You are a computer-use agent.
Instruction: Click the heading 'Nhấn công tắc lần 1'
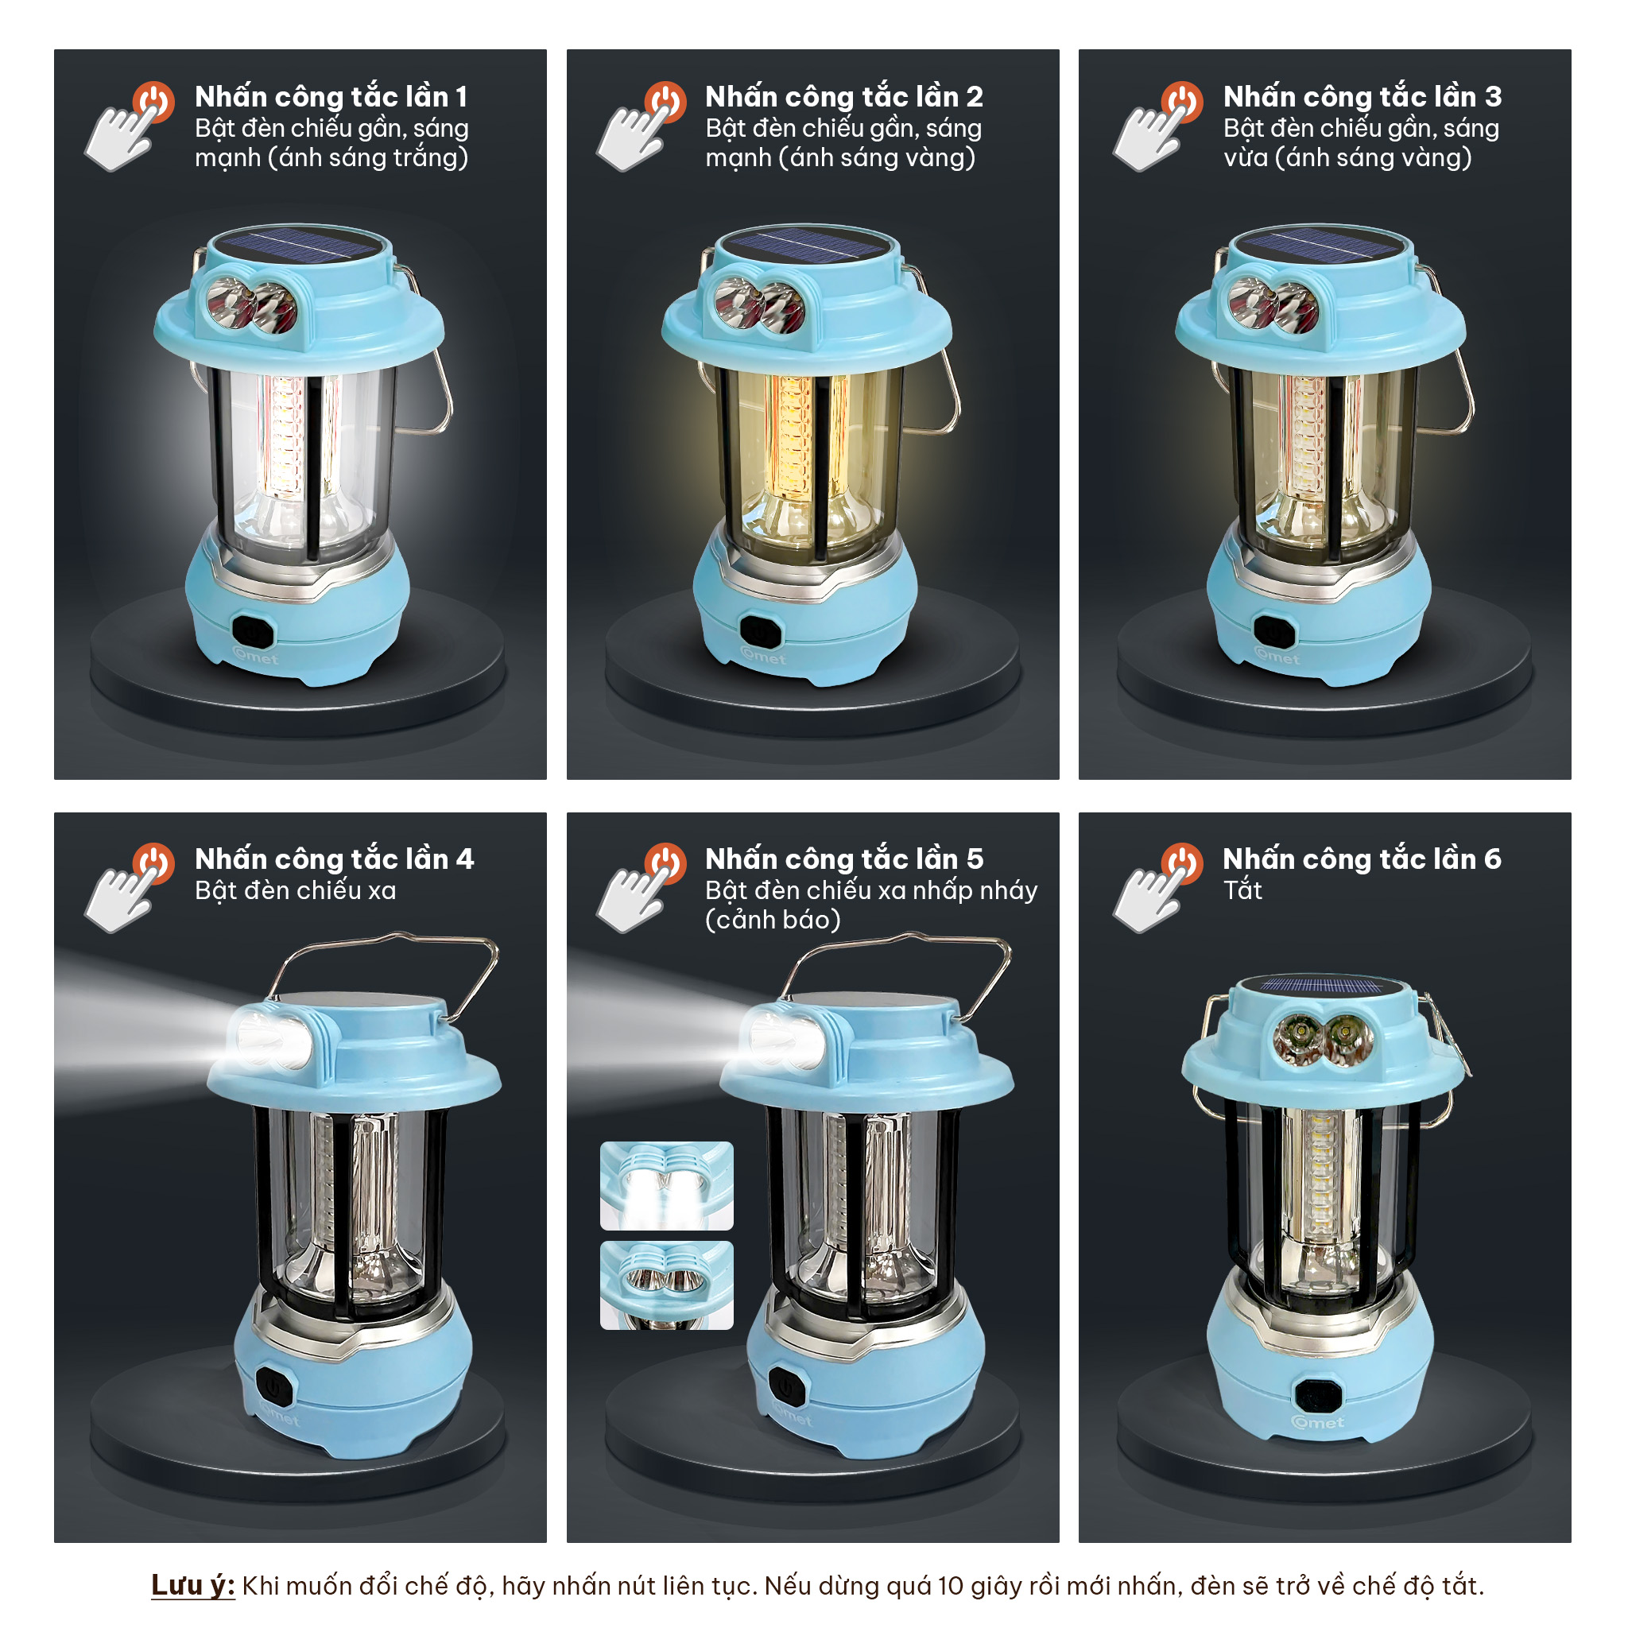pyautogui.click(x=331, y=97)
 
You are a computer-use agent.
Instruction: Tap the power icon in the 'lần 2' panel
pyautogui.click(x=665, y=102)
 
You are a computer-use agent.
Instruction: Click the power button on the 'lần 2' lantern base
pyautogui.click(x=760, y=631)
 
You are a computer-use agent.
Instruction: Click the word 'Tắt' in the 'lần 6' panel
pyautogui.click(x=1243, y=890)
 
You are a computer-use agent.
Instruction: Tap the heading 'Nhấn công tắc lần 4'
pyautogui.click(x=335, y=859)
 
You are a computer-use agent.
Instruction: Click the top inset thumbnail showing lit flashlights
pyautogui.click(x=666, y=1185)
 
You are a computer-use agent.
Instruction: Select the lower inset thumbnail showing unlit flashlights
pyautogui.click(x=666, y=1285)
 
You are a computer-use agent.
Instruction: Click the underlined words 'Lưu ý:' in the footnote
pyautogui.click(x=193, y=1585)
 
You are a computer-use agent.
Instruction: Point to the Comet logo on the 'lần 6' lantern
pyautogui.click(x=1318, y=1423)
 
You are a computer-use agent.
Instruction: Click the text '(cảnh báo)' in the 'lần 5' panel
pyautogui.click(x=773, y=920)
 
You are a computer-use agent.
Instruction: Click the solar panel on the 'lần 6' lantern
pyautogui.click(x=1320, y=986)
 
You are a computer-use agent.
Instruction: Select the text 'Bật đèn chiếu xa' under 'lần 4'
pyautogui.click(x=296, y=890)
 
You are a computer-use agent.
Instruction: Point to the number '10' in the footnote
pyautogui.click(x=951, y=1586)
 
